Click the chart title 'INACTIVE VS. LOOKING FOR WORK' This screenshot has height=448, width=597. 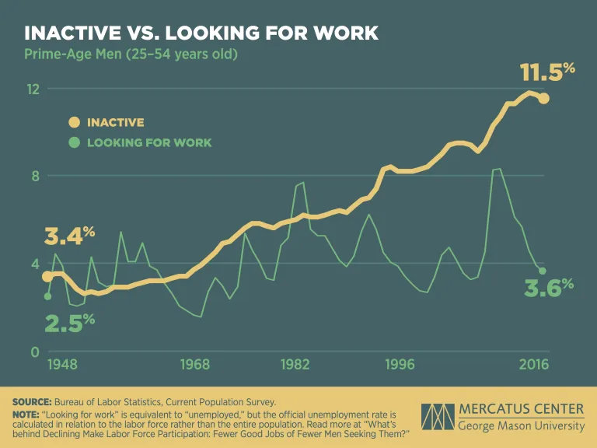[201, 33]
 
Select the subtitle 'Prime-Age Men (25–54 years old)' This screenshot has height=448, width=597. [131, 54]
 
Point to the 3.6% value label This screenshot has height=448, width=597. [548, 288]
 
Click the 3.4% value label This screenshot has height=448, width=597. [69, 234]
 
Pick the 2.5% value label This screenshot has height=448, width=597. [69, 321]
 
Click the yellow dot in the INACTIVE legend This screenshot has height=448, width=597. [75, 122]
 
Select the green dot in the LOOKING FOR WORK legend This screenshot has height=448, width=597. [75, 142]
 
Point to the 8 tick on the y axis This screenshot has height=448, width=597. [35, 176]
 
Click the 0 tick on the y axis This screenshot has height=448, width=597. [35, 352]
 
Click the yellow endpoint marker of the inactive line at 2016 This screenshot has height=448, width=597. [544, 98]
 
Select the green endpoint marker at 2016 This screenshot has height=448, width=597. [543, 271]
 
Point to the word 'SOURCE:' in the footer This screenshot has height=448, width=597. [32, 401]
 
